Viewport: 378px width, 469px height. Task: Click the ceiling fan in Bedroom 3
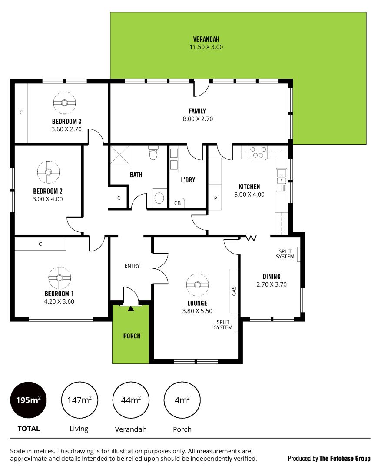pos(64,103)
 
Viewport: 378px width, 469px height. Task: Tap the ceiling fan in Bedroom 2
pos(49,172)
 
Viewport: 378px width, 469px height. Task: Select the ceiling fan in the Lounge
pos(197,285)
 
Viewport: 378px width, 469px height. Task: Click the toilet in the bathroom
pos(153,153)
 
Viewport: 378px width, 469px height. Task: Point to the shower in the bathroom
pos(120,155)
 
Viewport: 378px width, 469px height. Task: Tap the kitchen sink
pos(282,177)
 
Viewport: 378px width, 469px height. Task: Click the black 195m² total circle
pos(28,400)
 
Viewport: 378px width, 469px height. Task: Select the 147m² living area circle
pos(80,400)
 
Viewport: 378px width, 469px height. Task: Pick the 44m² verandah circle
pos(131,400)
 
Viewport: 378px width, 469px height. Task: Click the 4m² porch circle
pos(182,400)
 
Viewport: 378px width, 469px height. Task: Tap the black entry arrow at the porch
pos(131,309)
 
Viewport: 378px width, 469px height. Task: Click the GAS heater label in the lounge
pos(234,291)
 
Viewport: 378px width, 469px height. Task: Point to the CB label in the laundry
pos(177,203)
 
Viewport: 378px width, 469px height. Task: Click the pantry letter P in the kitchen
pos(216,198)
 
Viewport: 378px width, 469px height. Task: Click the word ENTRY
pos(132,266)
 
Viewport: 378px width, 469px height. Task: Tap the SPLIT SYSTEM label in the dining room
pos(285,254)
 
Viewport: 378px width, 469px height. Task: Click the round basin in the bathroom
pos(159,198)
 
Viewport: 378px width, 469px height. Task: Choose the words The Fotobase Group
pos(345,458)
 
